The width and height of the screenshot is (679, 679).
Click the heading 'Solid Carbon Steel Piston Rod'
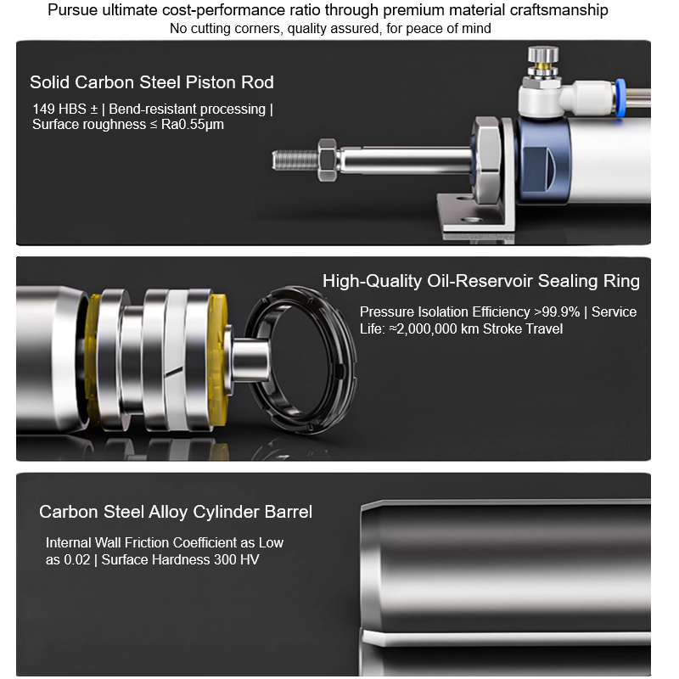click(152, 82)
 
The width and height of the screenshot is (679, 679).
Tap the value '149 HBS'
click(59, 109)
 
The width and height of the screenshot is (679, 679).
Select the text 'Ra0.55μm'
click(193, 125)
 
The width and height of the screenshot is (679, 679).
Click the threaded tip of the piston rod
click(295, 160)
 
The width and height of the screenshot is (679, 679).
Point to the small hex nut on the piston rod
click(328, 160)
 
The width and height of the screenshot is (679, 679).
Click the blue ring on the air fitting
click(620, 98)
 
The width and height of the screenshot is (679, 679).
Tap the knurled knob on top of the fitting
click(542, 55)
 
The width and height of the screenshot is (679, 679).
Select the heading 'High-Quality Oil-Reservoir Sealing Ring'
click(481, 281)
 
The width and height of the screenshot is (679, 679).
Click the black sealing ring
click(299, 360)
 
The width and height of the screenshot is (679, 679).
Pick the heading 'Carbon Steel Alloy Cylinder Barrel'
click(176, 512)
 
